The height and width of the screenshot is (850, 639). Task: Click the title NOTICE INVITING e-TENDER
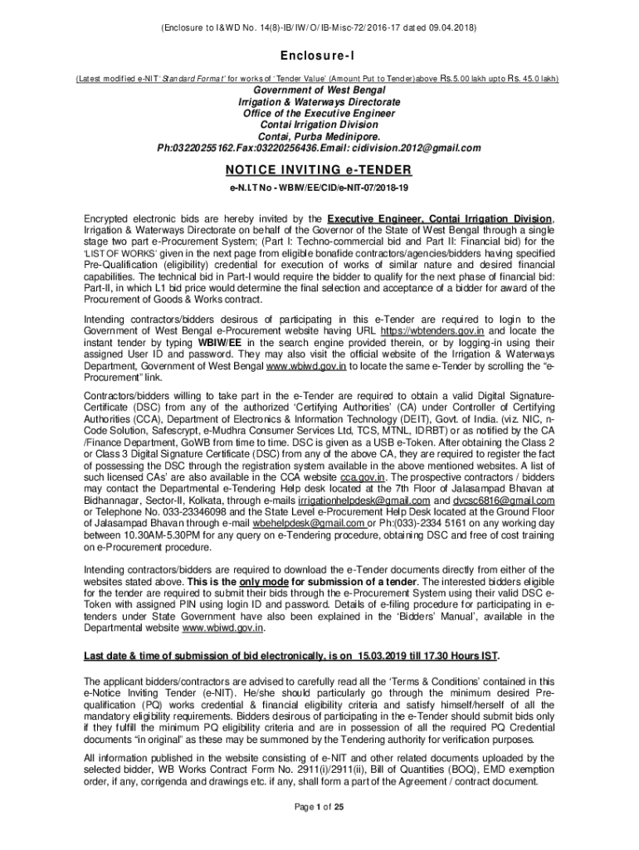[319, 169]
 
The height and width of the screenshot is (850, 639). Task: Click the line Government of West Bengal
[319, 90]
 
